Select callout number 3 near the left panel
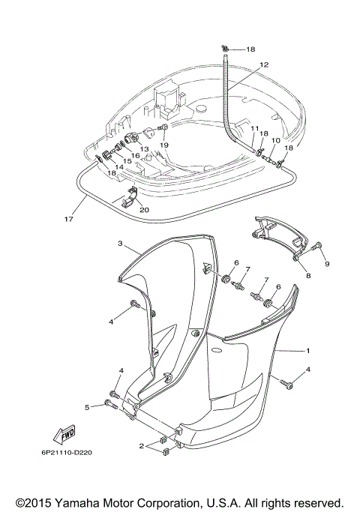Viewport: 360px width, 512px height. pyautogui.click(x=119, y=244)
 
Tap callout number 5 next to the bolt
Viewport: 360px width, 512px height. pyautogui.click(x=87, y=407)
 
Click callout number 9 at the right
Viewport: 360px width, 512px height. pyautogui.click(x=327, y=264)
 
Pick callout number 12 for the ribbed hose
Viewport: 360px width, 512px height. pyautogui.click(x=263, y=65)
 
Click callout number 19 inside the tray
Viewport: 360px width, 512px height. pyautogui.click(x=163, y=145)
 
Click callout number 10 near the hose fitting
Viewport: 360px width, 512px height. pyautogui.click(x=275, y=140)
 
